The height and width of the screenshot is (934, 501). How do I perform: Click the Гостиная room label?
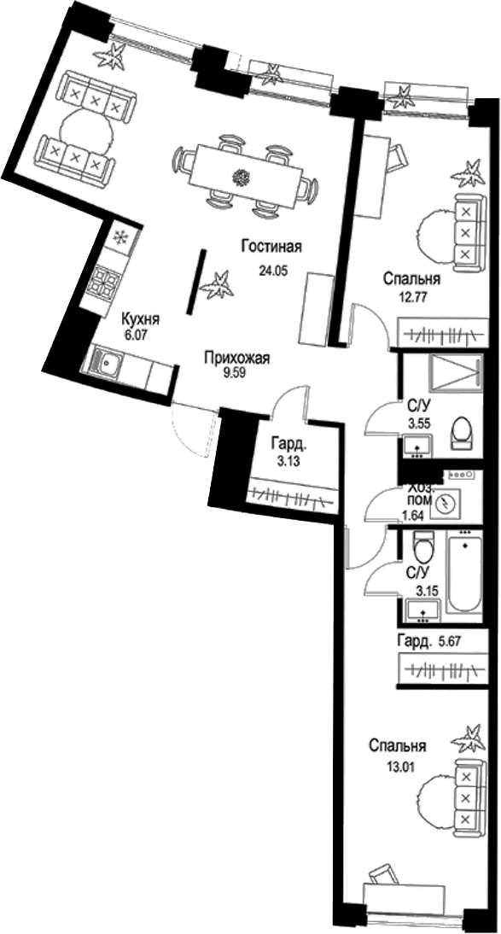coord(272,248)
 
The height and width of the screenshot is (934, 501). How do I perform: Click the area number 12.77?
coord(412,297)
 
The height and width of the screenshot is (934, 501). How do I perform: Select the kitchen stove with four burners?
coord(104,283)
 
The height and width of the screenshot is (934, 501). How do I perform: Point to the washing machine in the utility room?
coord(443,505)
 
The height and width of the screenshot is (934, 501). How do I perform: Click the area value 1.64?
coord(414,516)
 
